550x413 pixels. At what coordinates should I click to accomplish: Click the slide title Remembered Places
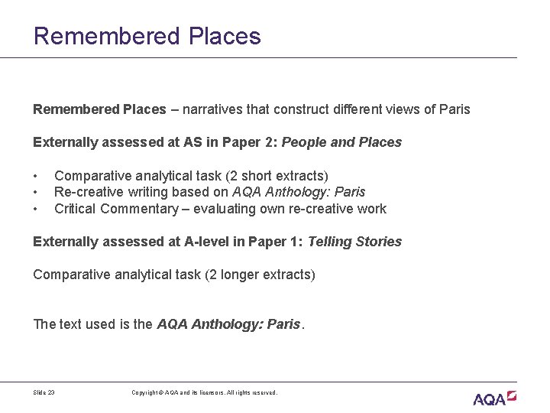147,36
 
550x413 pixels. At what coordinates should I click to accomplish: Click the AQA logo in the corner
494,398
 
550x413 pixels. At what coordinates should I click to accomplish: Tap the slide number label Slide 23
44,392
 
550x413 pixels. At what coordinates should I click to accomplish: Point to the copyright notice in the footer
204,392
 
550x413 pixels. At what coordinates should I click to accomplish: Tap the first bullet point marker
36,176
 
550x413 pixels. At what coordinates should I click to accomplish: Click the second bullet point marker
36,192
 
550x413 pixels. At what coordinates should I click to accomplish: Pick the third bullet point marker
36,209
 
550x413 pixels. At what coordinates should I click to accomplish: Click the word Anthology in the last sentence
227,324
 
